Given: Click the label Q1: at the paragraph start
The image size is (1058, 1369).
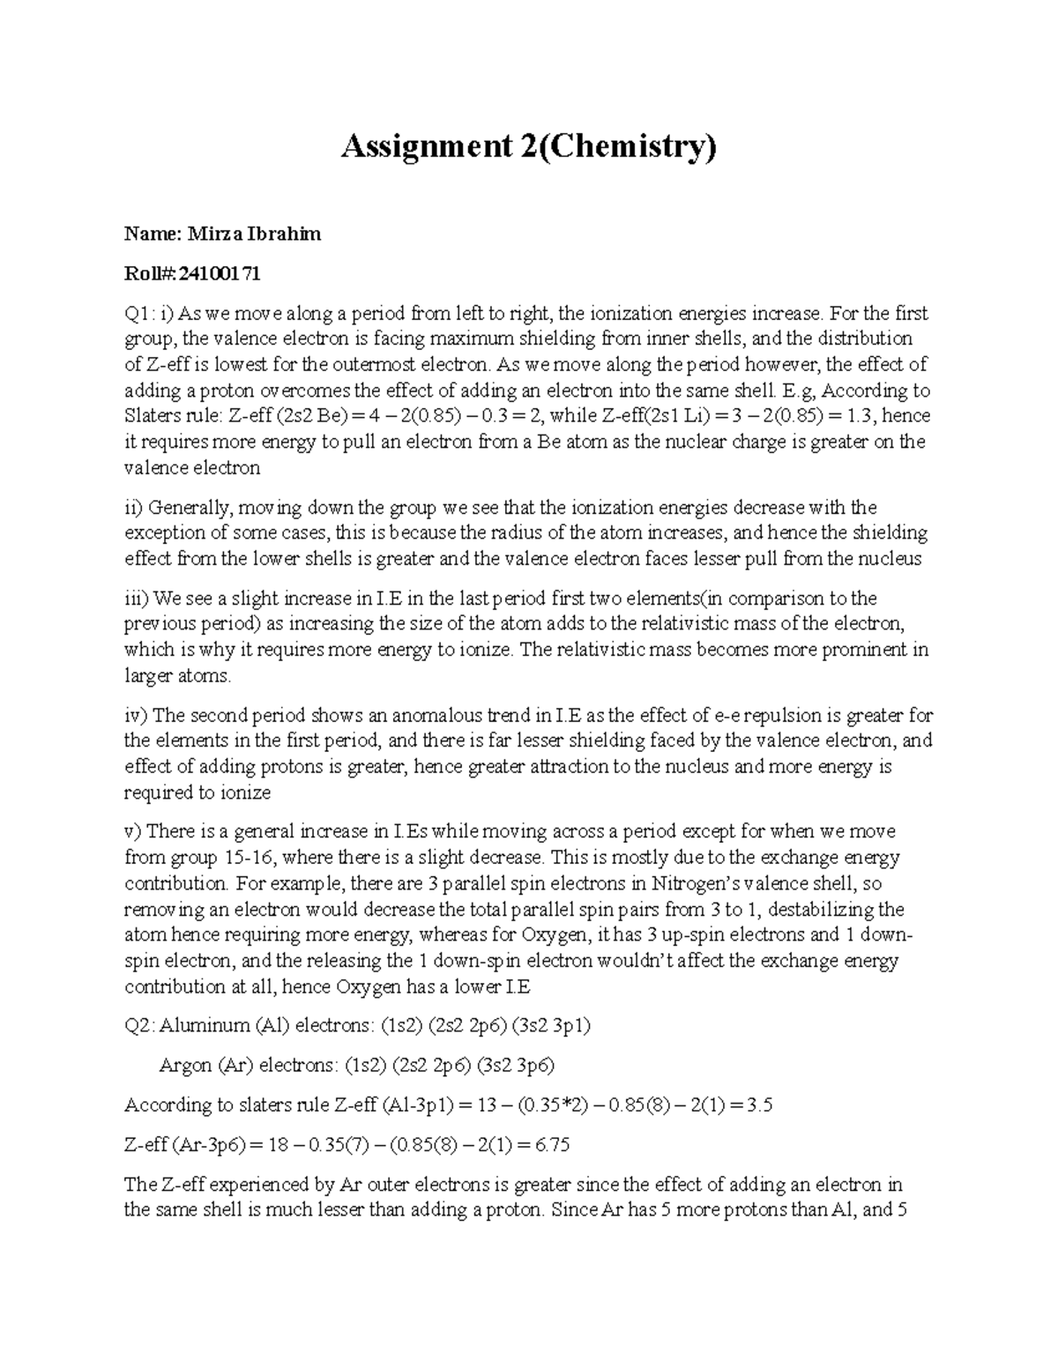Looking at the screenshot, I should click(x=139, y=313).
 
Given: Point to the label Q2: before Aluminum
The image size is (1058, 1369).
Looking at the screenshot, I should click(x=139, y=1025).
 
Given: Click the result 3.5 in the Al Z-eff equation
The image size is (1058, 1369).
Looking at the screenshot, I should click(x=760, y=1105).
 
